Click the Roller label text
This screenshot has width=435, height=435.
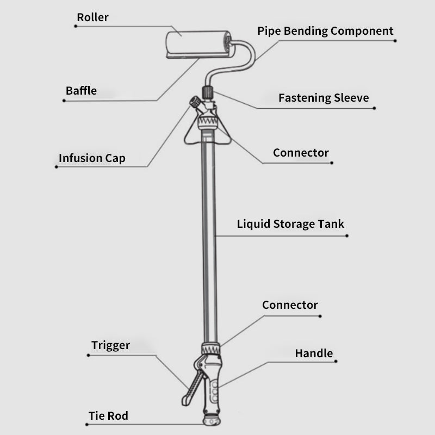92,17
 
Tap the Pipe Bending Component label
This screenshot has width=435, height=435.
325,31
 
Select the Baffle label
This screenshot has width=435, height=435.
81,91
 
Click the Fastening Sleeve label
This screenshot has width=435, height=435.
324,98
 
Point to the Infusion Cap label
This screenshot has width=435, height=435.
92,159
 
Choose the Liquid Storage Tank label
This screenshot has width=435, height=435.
290,224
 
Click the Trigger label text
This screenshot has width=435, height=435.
110,346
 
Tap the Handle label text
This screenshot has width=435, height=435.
314,353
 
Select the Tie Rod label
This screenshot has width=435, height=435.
108,417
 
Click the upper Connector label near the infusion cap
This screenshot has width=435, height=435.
301,153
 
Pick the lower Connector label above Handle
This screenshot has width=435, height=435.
290,306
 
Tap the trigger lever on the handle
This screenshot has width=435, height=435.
190,386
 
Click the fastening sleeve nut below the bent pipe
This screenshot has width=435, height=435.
207,91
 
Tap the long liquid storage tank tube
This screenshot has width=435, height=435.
209,234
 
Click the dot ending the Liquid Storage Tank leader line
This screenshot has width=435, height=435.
347,236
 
